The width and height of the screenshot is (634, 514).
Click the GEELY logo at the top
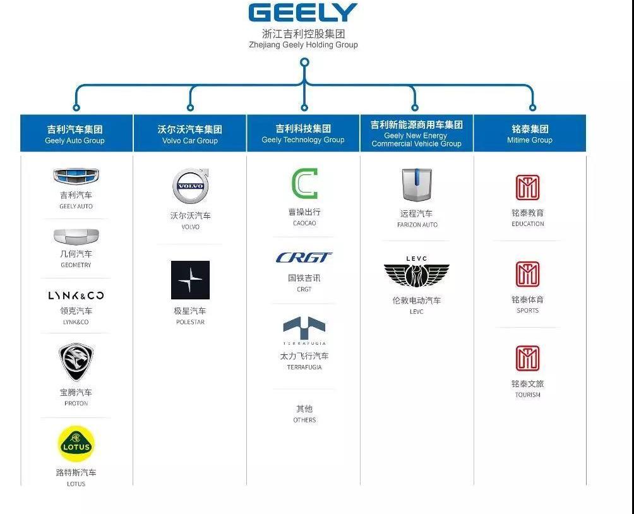pyautogui.click(x=303, y=13)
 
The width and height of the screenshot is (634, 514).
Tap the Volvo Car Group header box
pyautogui.click(x=189, y=133)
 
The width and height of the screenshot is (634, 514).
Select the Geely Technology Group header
pyautogui.click(x=303, y=133)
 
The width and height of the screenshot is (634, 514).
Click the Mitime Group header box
pyautogui.click(x=529, y=133)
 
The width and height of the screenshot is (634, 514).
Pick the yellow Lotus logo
pyautogui.click(x=76, y=445)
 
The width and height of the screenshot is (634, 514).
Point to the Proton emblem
pyautogui.click(x=76, y=362)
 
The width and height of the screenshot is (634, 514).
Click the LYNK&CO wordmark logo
pyautogui.click(x=76, y=296)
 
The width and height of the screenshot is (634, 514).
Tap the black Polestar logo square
pyautogui.click(x=190, y=280)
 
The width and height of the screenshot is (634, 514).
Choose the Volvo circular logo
pyautogui.click(x=190, y=187)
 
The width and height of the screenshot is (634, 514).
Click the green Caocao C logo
pyautogui.click(x=304, y=184)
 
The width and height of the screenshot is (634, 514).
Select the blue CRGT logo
pyautogui.click(x=304, y=258)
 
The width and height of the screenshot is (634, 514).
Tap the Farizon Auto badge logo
pyautogui.click(x=417, y=185)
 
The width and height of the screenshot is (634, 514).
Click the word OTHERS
pyautogui.click(x=304, y=420)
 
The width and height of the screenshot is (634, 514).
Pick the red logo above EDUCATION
pyautogui.click(x=527, y=188)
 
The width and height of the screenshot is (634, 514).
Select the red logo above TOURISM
pyautogui.click(x=527, y=359)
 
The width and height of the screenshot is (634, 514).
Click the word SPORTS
pyautogui.click(x=527, y=311)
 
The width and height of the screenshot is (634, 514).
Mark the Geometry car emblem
pyautogui.click(x=76, y=237)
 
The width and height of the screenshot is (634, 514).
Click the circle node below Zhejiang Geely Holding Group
pyautogui.click(x=304, y=63)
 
